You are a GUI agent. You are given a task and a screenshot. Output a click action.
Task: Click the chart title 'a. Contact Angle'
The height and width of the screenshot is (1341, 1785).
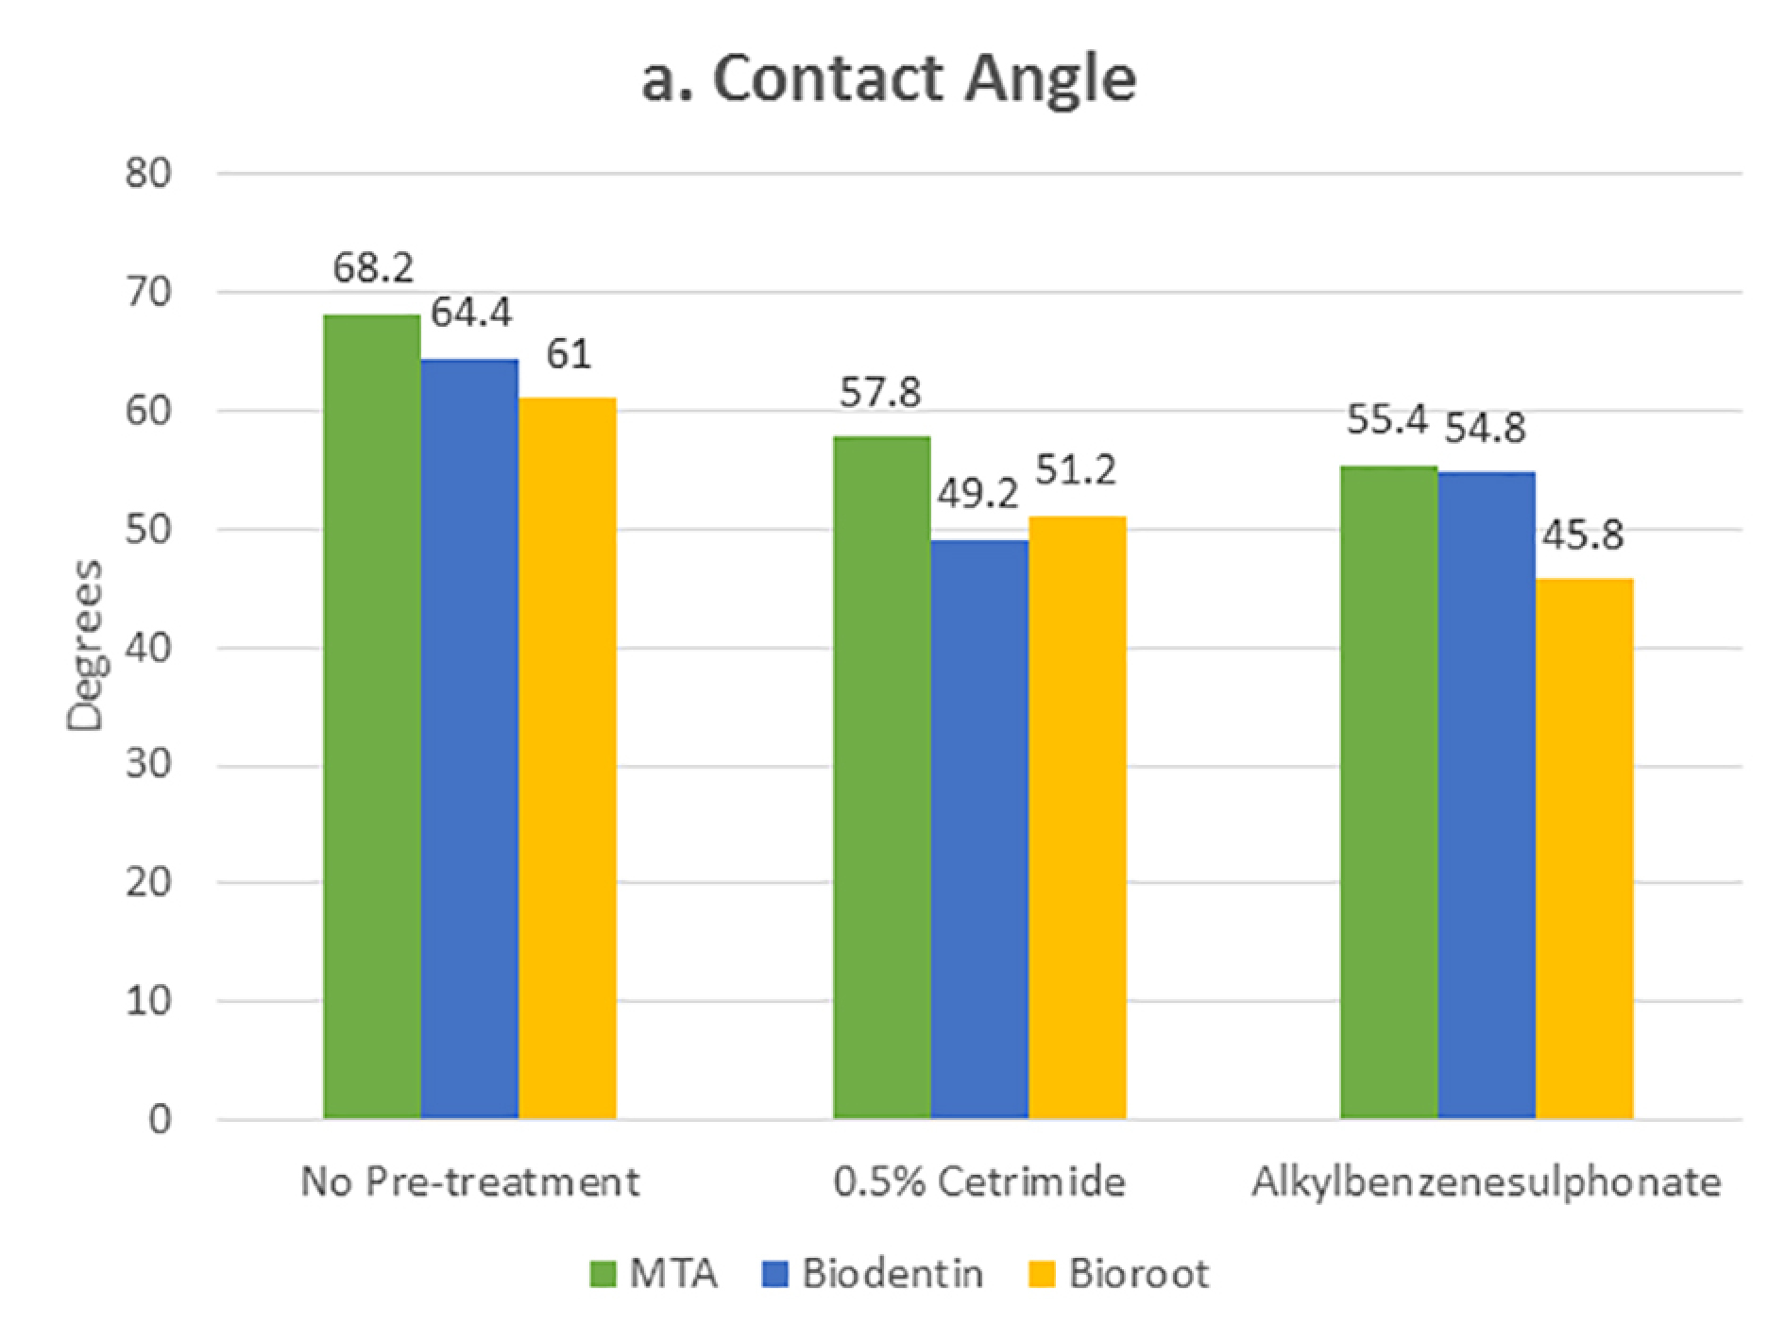[x=889, y=79]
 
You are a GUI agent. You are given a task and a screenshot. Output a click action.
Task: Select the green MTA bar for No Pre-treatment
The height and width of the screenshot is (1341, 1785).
[x=372, y=718]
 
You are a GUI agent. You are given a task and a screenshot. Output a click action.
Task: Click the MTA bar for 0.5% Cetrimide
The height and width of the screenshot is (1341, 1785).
[x=881, y=778]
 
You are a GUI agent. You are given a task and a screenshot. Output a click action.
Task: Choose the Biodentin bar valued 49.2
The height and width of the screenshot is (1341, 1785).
[x=979, y=830]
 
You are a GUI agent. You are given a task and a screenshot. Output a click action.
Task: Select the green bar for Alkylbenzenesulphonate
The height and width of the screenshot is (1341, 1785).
[x=1388, y=793]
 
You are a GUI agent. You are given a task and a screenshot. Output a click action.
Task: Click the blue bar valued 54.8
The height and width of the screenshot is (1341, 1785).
[x=1487, y=796]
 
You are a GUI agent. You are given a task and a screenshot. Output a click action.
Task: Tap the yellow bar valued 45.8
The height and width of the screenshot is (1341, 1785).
[x=1584, y=849]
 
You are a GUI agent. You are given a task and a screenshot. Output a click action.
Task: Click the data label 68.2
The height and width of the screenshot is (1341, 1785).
[x=373, y=269]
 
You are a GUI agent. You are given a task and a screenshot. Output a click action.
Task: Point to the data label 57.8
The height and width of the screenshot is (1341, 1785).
[x=880, y=392]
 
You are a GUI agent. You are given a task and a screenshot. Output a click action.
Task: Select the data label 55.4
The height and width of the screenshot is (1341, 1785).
[x=1386, y=420]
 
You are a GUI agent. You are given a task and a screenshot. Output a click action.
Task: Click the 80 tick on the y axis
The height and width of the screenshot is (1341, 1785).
[x=148, y=175]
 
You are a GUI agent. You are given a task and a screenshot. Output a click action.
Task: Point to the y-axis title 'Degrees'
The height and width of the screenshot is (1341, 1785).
[x=86, y=646]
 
